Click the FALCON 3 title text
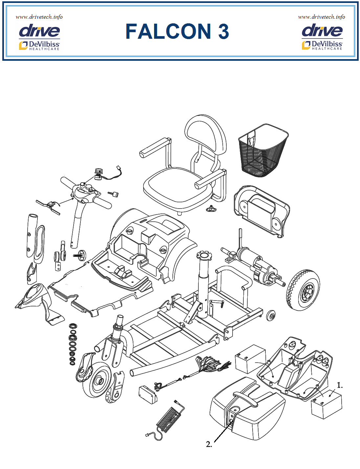pyautogui.click(x=177, y=32)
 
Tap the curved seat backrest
pyautogui.click(x=206, y=135)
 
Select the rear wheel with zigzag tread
pyautogui.click(x=303, y=290)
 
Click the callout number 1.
pyautogui.click(x=340, y=386)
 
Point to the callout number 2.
pyautogui.click(x=209, y=444)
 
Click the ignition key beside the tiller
pyautogui.click(x=114, y=194)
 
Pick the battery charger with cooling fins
pyautogui.click(x=170, y=417)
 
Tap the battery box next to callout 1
pyautogui.click(x=326, y=404)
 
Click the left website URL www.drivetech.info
pyautogui.click(x=39, y=17)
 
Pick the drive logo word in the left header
pyautogui.click(x=39, y=31)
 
